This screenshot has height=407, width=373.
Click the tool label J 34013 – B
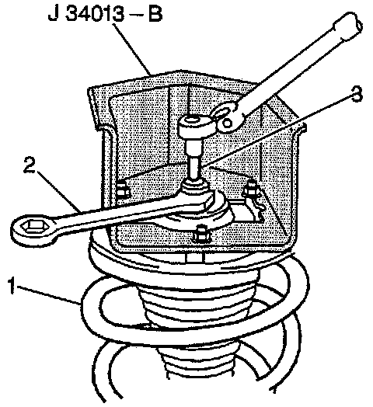click(x=105, y=13)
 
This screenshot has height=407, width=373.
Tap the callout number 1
click(x=11, y=285)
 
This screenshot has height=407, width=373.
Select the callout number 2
click(x=29, y=165)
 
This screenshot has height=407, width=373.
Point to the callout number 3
click(x=357, y=94)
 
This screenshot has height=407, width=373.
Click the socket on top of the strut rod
click(x=194, y=125)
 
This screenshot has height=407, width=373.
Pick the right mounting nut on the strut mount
click(x=250, y=187)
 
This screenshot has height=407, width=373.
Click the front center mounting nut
click(x=202, y=234)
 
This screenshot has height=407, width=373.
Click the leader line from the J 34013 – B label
click(x=132, y=49)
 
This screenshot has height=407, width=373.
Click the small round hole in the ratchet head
click(x=228, y=123)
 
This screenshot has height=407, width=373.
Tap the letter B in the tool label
click(x=155, y=13)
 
